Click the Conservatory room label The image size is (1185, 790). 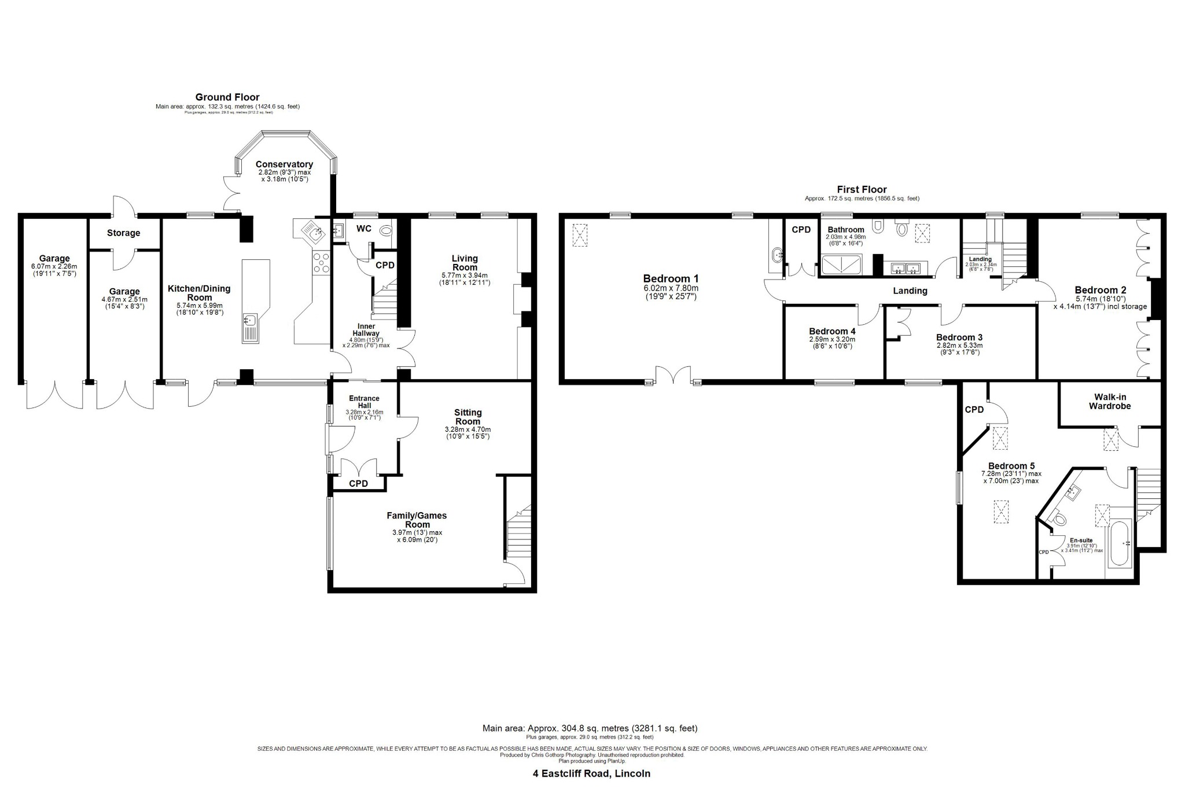coord(284,165)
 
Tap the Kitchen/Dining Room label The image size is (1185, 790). coord(198,293)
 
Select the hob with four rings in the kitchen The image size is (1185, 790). coord(321,263)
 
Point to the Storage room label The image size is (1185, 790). coord(123,233)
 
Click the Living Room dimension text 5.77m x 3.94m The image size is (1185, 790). coord(465,275)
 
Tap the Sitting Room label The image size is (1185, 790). coord(468,417)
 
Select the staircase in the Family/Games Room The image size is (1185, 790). coord(518,532)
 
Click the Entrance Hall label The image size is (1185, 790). coord(364,402)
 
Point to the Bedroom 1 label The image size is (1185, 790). coord(671,278)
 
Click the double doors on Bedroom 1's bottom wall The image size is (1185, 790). coord(674,376)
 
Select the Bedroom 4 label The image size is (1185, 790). coord(832,332)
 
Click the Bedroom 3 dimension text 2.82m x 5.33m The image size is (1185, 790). coord(959,346)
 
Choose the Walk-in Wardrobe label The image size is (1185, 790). coord(1109,402)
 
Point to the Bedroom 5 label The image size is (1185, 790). coord(1011,466)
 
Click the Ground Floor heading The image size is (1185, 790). coord(227,97)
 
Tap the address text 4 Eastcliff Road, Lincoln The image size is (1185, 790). coord(591,773)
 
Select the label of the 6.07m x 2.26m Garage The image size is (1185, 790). coord(54,259)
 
